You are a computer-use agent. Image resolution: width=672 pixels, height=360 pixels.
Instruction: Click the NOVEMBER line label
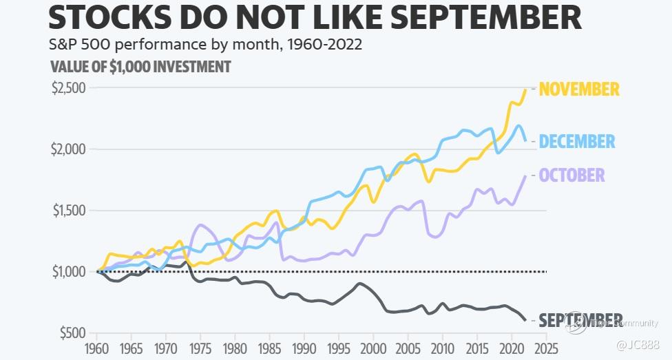(x=579, y=89)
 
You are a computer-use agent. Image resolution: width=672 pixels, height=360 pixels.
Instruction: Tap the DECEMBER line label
(x=577, y=142)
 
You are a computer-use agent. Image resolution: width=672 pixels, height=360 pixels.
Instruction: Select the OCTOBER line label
(x=572, y=175)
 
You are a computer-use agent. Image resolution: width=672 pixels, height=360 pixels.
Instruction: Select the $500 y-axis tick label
(x=72, y=333)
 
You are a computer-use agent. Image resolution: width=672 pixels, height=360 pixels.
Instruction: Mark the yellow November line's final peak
(x=525, y=89)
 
